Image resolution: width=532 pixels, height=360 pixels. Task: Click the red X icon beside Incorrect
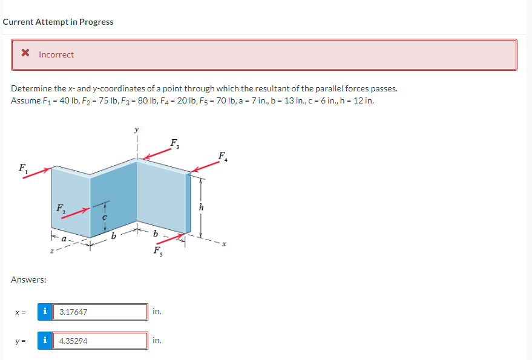tap(25, 54)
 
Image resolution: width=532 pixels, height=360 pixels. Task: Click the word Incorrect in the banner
tap(56, 54)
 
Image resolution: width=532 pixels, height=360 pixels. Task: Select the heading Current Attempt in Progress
tap(58, 22)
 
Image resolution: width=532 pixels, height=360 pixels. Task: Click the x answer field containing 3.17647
tap(100, 312)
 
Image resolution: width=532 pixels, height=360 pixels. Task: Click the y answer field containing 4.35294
tap(100, 341)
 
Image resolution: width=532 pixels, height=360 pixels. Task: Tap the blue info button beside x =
tap(45, 312)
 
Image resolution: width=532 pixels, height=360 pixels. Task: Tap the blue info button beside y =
tap(45, 341)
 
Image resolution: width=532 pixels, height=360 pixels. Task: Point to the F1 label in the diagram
tap(23, 168)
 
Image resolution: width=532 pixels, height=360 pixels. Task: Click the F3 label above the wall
tap(174, 144)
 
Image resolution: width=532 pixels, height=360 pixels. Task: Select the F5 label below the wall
tap(157, 250)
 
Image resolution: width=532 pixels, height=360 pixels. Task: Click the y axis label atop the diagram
tap(137, 129)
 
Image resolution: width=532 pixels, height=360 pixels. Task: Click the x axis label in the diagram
tap(223, 244)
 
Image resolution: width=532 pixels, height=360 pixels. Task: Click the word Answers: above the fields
tap(29, 280)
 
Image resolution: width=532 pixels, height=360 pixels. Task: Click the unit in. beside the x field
tap(157, 312)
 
